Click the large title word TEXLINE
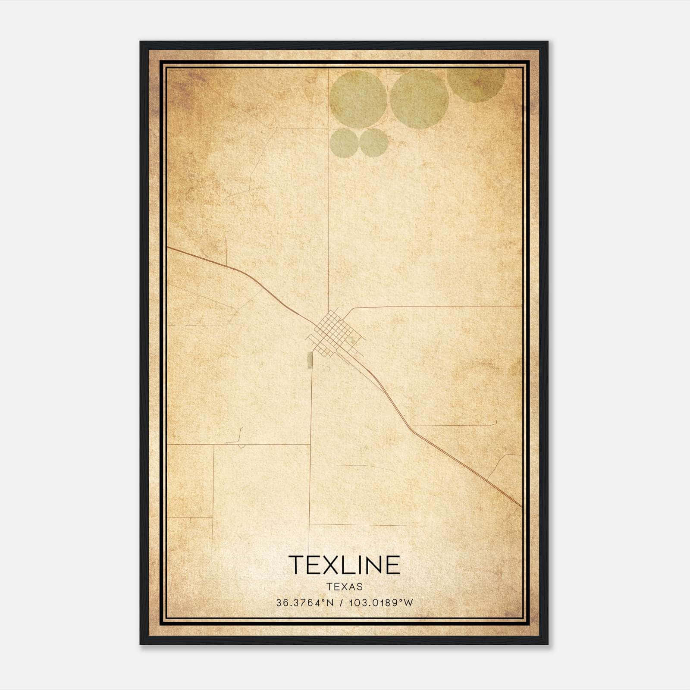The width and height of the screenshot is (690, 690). point(344,565)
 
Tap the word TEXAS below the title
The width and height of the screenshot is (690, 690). point(345,586)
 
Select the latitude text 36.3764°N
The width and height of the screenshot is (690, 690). point(305,602)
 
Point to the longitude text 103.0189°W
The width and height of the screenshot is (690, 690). point(381,602)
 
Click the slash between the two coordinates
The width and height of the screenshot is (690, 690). point(342,602)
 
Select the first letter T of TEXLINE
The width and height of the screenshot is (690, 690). point(298,565)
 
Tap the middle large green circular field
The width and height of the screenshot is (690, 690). point(419,99)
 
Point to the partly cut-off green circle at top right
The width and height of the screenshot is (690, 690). point(477,84)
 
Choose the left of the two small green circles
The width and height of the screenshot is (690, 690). point(344,142)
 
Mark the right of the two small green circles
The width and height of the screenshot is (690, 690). point(373,142)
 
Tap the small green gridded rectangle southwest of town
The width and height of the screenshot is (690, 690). point(309,360)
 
